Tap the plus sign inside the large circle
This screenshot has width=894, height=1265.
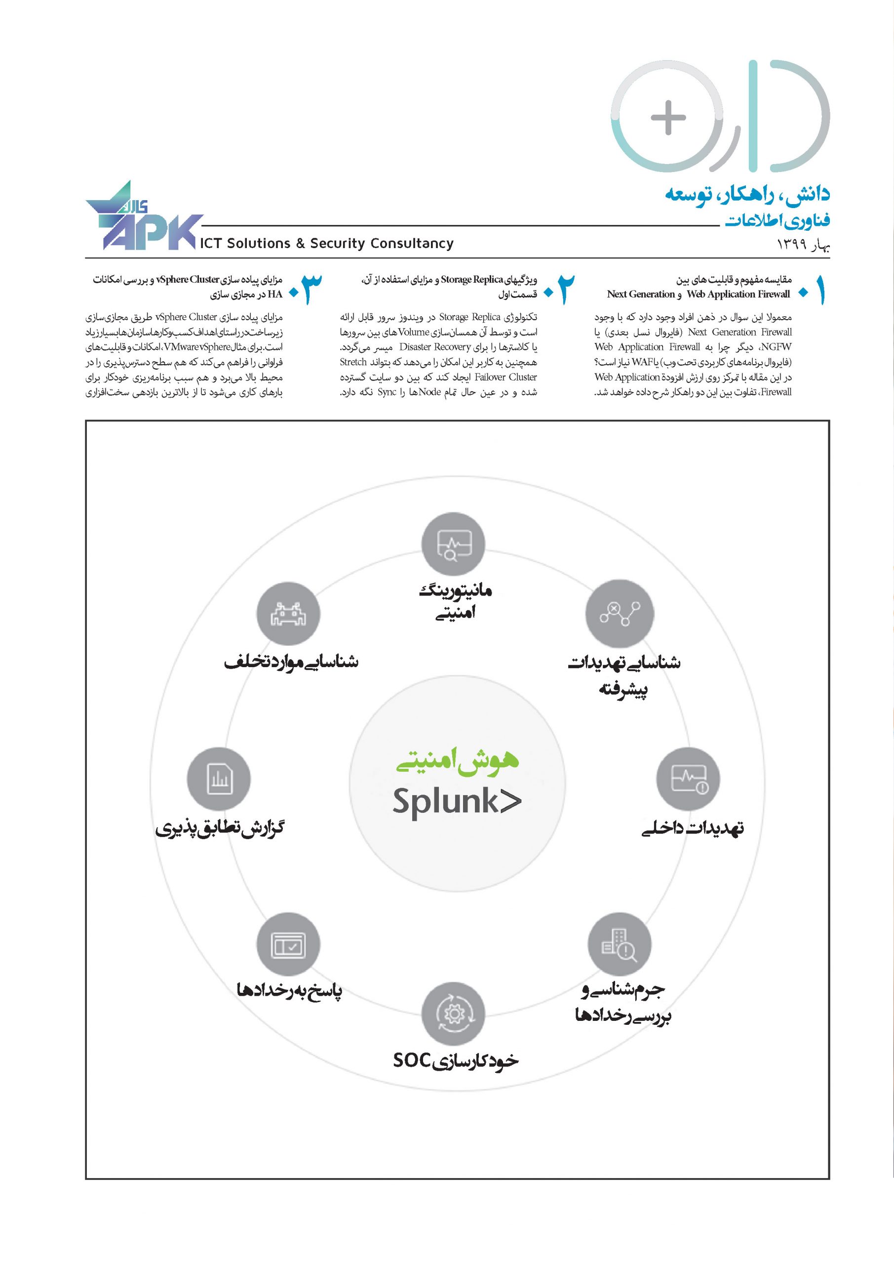(x=668, y=117)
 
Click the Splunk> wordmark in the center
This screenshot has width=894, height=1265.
(x=456, y=801)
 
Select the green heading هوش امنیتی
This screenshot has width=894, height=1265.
(x=457, y=761)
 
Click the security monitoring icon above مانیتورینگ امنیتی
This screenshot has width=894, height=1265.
(x=453, y=545)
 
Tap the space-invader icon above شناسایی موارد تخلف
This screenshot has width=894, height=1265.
(x=288, y=614)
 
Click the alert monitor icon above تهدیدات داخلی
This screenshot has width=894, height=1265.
(x=688, y=779)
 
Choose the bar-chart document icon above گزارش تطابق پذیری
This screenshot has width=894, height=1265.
(x=219, y=779)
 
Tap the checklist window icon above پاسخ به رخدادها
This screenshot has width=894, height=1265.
(x=288, y=944)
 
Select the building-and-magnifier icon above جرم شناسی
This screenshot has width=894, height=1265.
(x=620, y=944)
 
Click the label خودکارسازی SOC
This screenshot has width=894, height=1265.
(x=455, y=1060)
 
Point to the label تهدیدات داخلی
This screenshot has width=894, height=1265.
(x=693, y=828)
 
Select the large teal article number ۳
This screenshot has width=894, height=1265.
(x=311, y=289)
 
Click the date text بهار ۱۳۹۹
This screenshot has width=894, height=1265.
(x=803, y=244)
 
